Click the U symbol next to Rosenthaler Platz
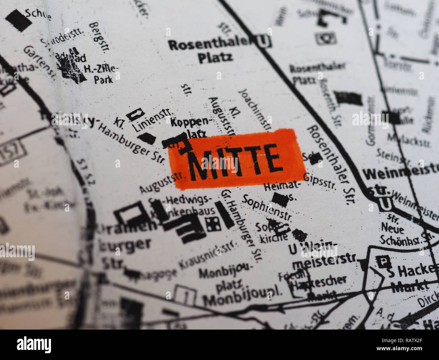(x=264, y=41)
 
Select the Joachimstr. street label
(x=255, y=110)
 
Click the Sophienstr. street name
(x=267, y=207)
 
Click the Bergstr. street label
(x=99, y=37)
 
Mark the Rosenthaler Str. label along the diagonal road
(x=331, y=164)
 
